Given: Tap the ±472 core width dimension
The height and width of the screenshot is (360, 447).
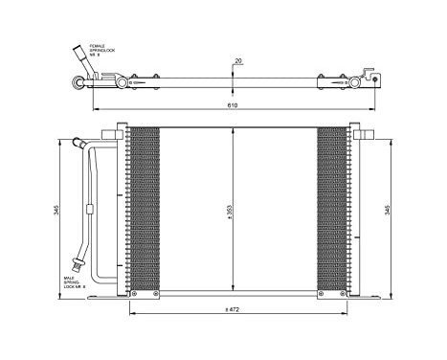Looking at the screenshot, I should click(x=232, y=309).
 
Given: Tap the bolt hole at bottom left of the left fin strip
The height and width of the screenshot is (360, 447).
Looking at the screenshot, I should click(x=134, y=292).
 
